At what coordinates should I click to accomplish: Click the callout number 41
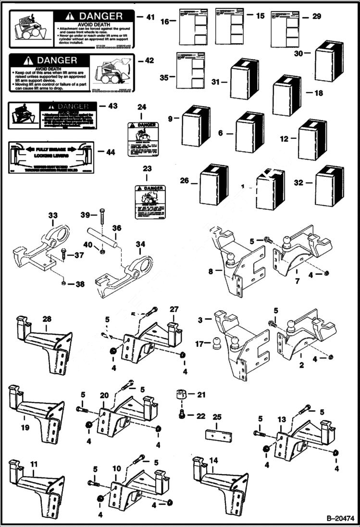tap(150, 17)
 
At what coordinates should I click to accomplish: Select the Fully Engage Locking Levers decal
tap(51, 157)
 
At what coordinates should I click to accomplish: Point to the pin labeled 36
tap(104, 239)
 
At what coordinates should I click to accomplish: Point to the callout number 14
tap(213, 460)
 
